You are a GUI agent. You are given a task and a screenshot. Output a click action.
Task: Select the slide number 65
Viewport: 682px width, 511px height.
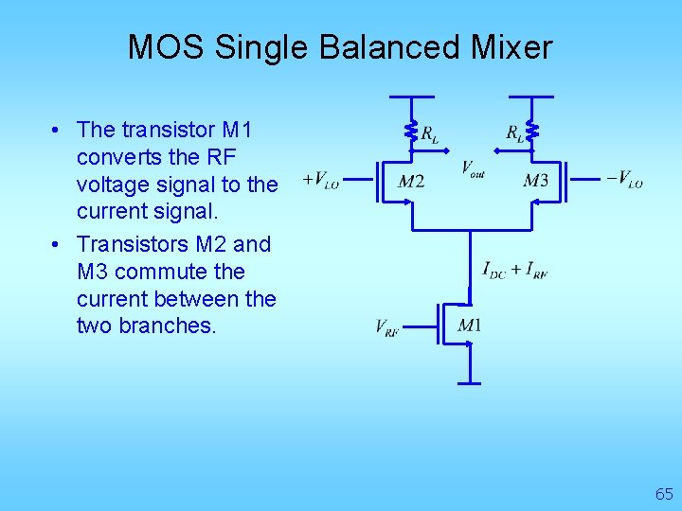664,494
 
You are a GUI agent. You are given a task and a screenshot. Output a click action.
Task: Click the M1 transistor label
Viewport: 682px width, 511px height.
470,326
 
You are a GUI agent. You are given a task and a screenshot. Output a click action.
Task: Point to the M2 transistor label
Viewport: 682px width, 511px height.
411,181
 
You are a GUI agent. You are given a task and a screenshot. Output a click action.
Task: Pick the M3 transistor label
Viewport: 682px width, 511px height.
535,181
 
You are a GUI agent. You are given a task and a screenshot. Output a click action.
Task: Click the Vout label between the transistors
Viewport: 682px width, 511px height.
473,168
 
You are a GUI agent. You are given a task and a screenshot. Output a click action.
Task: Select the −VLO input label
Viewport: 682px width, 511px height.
624,179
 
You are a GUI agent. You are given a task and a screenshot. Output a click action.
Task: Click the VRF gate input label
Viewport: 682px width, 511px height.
386,328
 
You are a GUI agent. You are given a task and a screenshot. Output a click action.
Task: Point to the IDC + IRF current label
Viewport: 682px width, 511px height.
514,271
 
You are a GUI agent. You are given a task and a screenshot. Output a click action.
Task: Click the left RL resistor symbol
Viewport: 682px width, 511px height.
411,130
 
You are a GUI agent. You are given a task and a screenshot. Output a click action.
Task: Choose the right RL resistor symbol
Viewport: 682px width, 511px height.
531,130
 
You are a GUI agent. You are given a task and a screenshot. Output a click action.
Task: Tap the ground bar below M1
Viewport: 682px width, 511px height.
470,383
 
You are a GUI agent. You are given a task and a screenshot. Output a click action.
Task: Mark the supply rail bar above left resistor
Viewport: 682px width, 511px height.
411,97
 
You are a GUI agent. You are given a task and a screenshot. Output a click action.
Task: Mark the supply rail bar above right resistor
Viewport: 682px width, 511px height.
531,97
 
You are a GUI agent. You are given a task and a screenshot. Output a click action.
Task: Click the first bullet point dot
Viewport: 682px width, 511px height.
58,130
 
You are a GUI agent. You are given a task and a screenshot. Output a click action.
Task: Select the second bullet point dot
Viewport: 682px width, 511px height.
58,245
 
